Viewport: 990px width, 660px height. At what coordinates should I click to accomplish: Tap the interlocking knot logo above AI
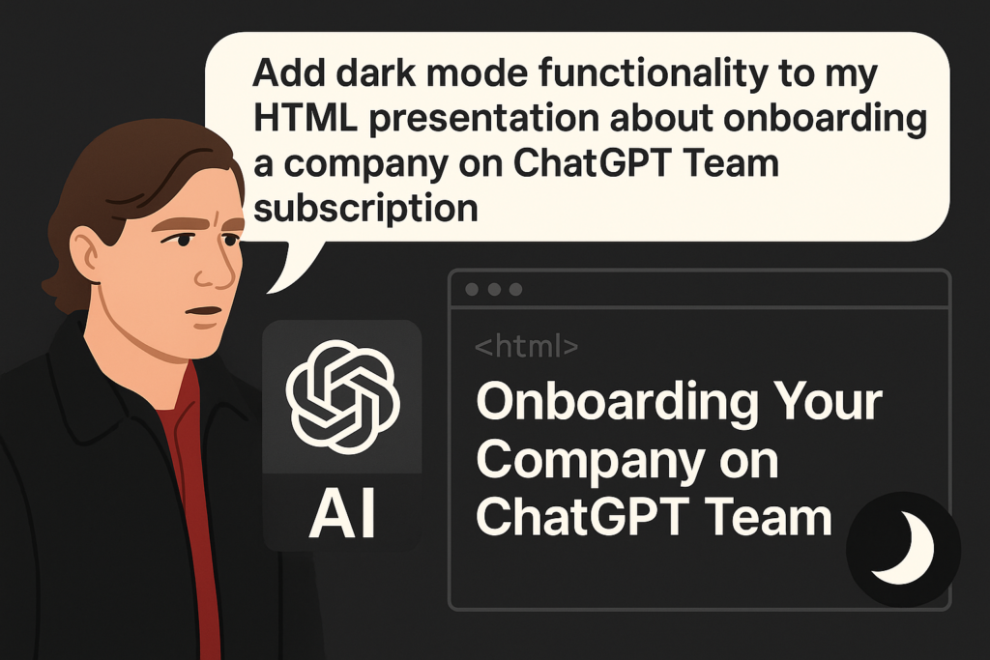pyautogui.click(x=342, y=397)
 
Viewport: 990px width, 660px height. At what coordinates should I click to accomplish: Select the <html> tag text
pyautogui.click(x=526, y=346)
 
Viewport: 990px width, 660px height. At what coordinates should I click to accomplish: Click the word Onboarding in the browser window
pyautogui.click(x=617, y=404)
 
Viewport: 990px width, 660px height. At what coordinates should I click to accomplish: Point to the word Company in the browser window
pyautogui.click(x=591, y=463)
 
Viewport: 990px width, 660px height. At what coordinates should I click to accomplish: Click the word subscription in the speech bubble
pyautogui.click(x=365, y=208)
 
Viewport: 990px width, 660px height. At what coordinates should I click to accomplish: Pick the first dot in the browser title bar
pyautogui.click(x=472, y=289)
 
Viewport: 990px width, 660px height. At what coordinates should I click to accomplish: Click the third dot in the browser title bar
pyautogui.click(x=516, y=289)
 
